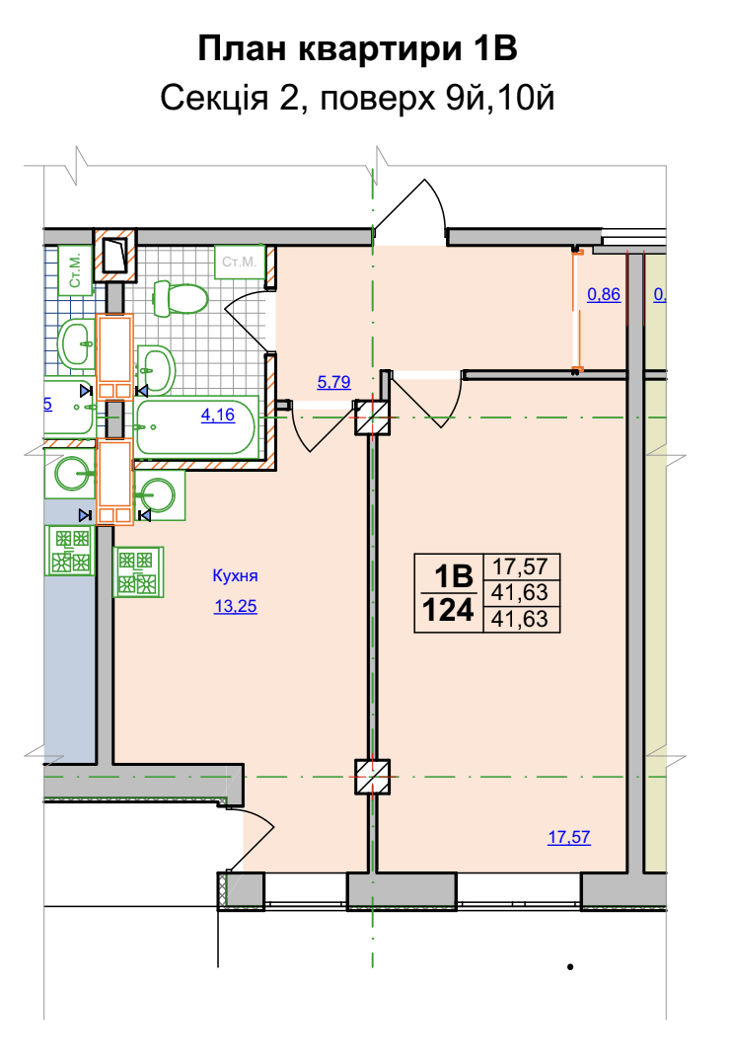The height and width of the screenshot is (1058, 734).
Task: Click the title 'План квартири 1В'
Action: coord(357,50)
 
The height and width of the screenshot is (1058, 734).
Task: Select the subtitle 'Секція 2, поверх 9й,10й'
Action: coord(357,99)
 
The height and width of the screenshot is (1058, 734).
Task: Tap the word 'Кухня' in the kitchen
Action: coord(236,575)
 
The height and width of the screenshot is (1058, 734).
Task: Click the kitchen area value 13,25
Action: coord(236,606)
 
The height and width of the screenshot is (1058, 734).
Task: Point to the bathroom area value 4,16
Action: coord(218,415)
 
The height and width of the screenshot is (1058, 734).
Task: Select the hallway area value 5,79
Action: coord(333,382)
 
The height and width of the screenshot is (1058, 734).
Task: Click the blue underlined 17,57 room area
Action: coord(568,837)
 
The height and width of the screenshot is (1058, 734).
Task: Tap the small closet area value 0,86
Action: coord(604,294)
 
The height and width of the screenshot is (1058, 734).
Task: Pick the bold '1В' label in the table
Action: coord(454,576)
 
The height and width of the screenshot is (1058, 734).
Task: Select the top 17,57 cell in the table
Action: coord(520,567)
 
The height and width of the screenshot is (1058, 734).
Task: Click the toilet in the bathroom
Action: coord(181,298)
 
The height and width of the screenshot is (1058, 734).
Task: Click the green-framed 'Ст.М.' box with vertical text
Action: coord(75,270)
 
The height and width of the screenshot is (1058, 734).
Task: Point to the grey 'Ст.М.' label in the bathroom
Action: coord(240,262)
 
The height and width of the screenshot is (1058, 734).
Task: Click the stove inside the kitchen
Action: coord(138,572)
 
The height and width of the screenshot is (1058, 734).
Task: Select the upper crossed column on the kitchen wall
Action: coord(373,417)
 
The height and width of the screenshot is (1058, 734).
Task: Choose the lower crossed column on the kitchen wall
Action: coord(373,777)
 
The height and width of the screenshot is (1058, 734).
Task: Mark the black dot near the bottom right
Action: coord(571,967)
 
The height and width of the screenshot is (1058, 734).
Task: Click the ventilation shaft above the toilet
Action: coord(114,255)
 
